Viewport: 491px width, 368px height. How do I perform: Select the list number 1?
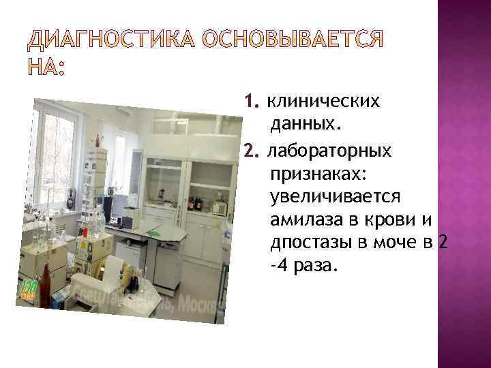[x=252, y=102]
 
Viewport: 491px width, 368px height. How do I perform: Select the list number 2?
[x=252, y=149]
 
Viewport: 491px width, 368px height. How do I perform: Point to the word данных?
[x=305, y=125]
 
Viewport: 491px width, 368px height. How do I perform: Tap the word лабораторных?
[x=329, y=149]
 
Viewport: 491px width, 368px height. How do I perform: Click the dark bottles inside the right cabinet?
[x=196, y=203]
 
